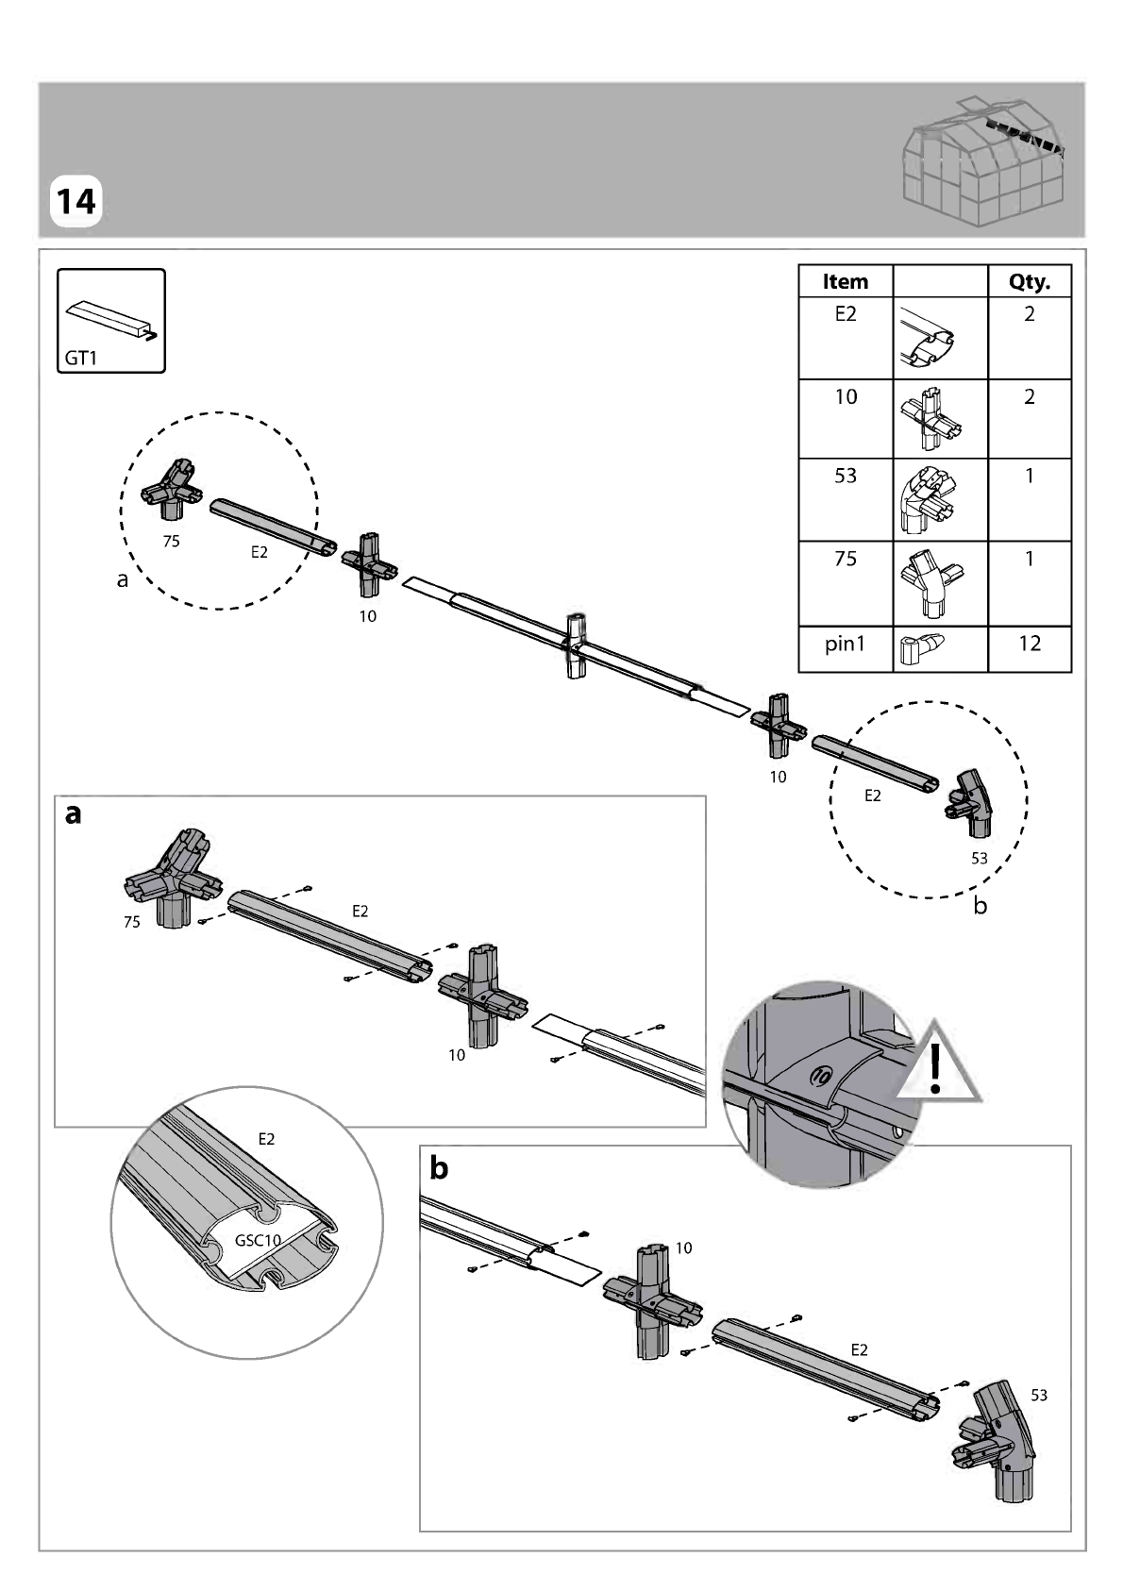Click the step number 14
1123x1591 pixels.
pos(75,202)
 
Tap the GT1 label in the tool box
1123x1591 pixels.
pos(80,358)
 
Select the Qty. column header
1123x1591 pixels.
pos(1030,282)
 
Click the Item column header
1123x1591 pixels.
pos(846,281)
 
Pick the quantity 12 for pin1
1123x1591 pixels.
pos(1030,643)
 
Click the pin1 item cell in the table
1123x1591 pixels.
pos(846,644)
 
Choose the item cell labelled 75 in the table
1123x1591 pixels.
pos(846,559)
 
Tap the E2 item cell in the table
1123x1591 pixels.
pos(846,314)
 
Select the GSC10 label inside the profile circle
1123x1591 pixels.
pos(258,1240)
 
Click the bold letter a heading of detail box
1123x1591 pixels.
pos(74,814)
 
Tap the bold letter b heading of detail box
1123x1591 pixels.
pos(439,1167)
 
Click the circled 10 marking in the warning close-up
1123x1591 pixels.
pos(820,1077)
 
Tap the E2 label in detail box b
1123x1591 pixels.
pos(860,1349)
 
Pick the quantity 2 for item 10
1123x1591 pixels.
pos(1030,396)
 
